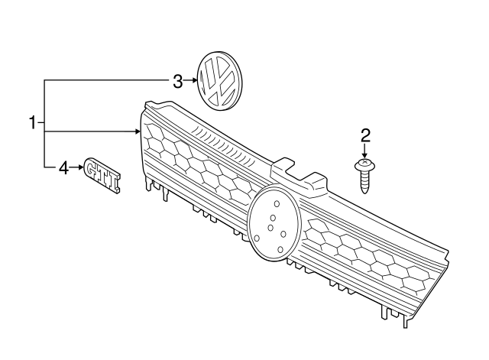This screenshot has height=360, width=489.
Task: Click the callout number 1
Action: (33, 122)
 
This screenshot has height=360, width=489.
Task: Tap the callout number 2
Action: (365, 136)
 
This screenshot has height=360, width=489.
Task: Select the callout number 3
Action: (177, 80)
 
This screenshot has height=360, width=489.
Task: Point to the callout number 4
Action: (64, 167)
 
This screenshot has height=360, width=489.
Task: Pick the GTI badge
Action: (102, 172)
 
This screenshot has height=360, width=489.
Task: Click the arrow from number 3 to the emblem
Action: (190, 80)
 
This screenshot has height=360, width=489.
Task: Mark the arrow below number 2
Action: (365, 151)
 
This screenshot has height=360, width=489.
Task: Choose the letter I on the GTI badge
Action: (114, 177)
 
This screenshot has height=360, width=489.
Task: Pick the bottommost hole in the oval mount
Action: (280, 249)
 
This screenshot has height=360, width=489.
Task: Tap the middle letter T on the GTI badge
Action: (104, 173)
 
